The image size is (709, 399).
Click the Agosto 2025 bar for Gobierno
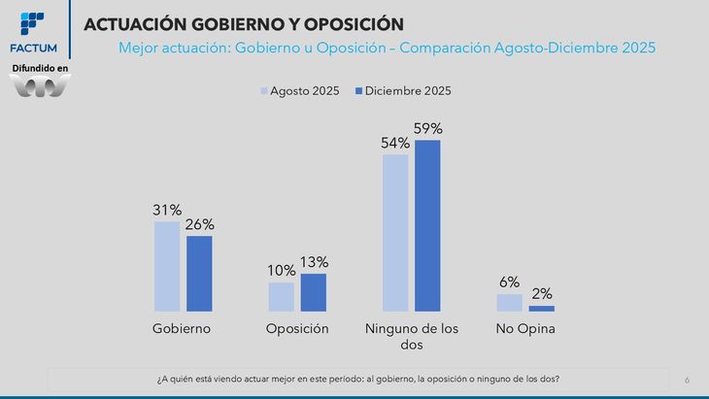pyautogui.click(x=167, y=266)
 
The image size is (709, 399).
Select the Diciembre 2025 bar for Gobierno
pyautogui.click(x=199, y=273)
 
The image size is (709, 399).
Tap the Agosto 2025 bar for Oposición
pyautogui.click(x=281, y=296)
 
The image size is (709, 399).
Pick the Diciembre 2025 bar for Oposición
pyautogui.click(x=313, y=291)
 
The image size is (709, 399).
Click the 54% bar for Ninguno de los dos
pyautogui.click(x=395, y=232)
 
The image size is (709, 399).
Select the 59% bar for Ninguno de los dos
pyautogui.click(x=427, y=225)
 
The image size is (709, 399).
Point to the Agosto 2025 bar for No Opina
pyautogui.click(x=510, y=302)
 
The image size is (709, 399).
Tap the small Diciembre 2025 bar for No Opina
pyautogui.click(x=542, y=308)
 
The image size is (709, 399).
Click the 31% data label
pyautogui.click(x=167, y=210)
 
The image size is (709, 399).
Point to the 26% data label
pyautogui.click(x=199, y=224)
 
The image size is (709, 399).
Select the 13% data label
pyautogui.click(x=313, y=262)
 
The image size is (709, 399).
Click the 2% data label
pyautogui.click(x=542, y=294)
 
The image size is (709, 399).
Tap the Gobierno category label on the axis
pyautogui.click(x=182, y=329)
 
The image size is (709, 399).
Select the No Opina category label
pyautogui.click(x=524, y=329)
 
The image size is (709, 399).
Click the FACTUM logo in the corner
pyautogui.click(x=33, y=32)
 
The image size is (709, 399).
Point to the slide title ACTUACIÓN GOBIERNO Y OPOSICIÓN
pyautogui.click(x=244, y=22)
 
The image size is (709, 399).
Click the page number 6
pyautogui.click(x=688, y=379)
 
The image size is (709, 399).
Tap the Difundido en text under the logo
pyautogui.click(x=40, y=67)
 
